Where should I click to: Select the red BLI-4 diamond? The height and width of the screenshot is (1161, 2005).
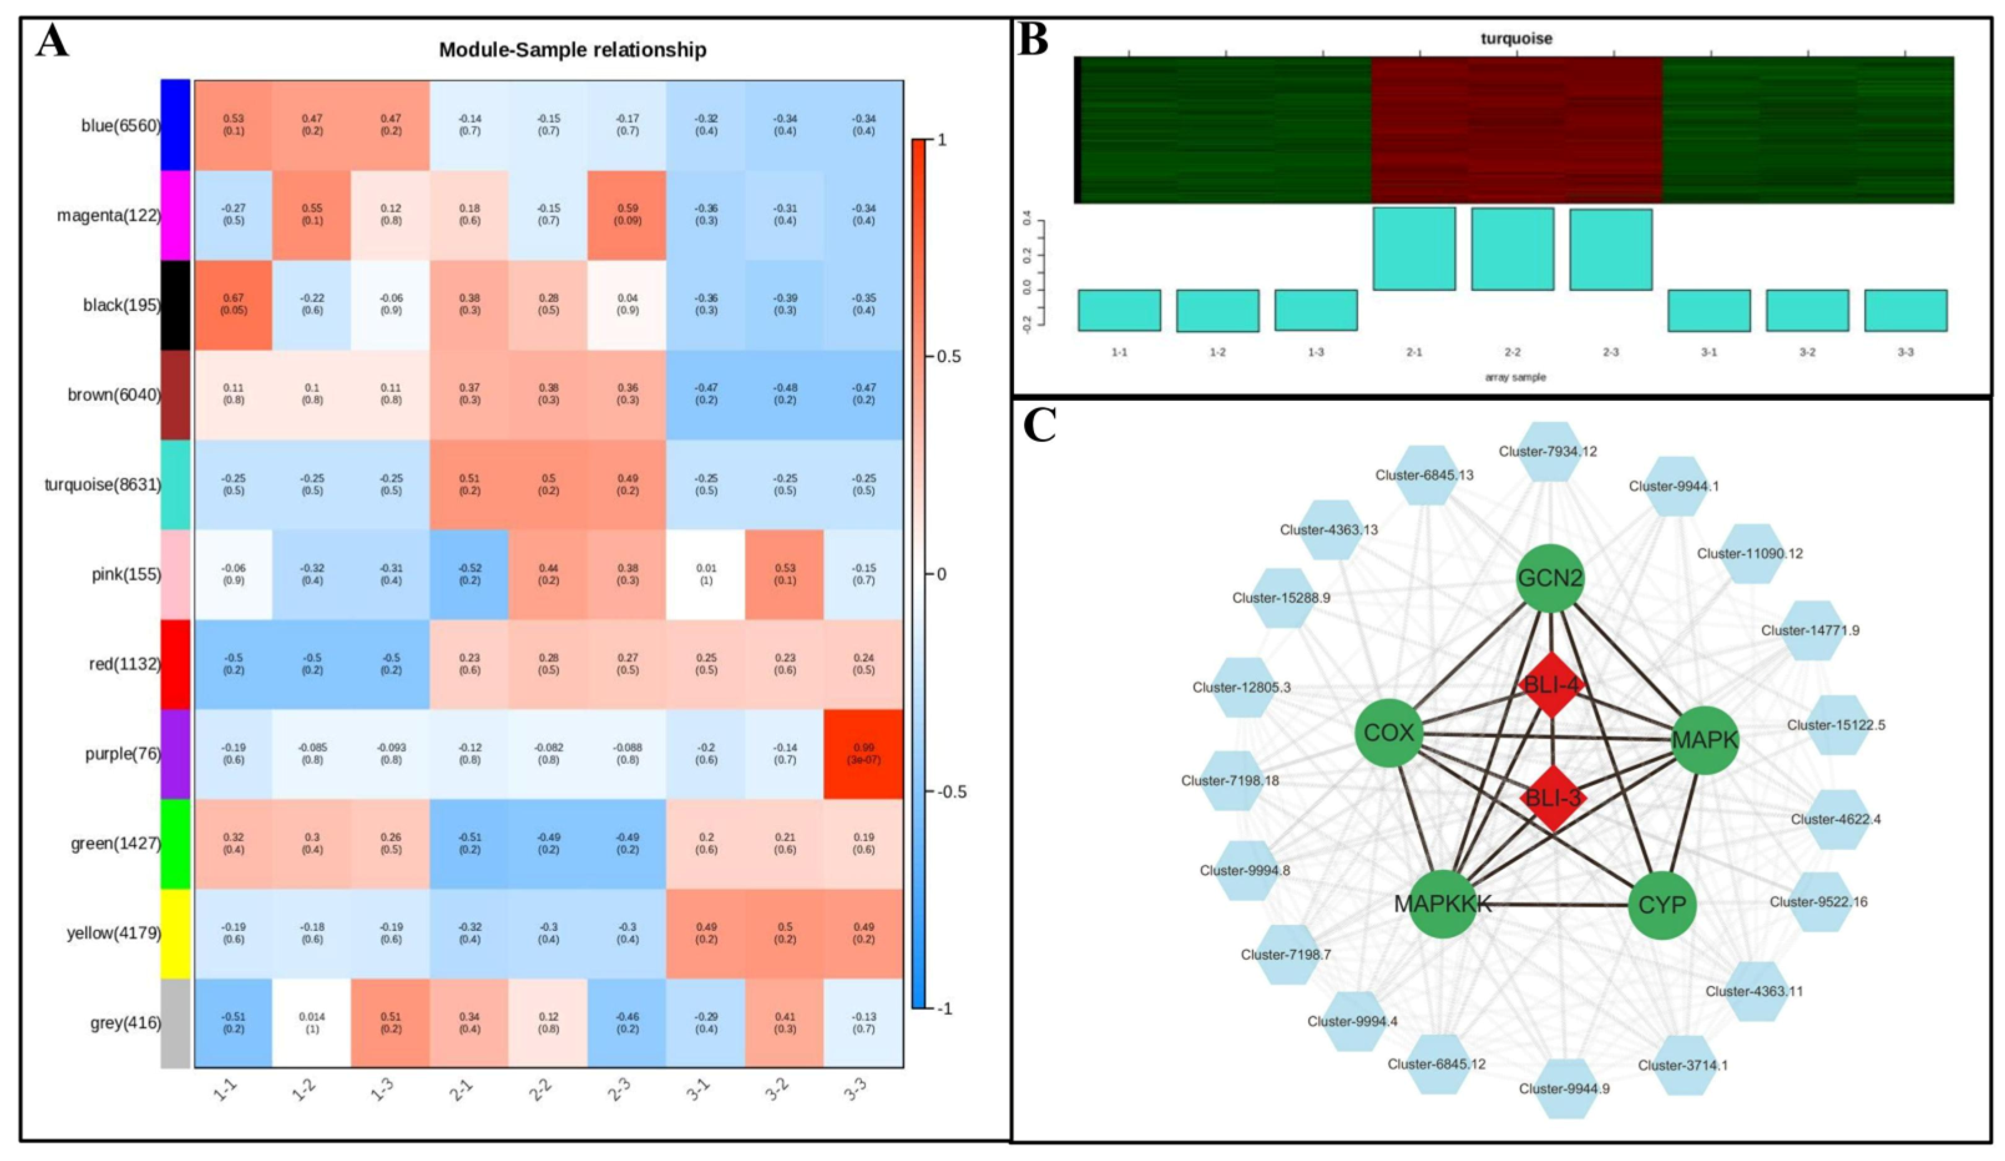click(x=1551, y=685)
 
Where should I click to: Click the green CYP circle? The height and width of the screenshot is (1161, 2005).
click(x=1662, y=905)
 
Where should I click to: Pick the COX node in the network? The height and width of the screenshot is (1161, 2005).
click(x=1389, y=733)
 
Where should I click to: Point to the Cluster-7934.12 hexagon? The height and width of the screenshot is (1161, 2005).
click(x=1548, y=451)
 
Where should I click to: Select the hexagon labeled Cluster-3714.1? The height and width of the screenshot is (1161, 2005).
click(x=1683, y=1064)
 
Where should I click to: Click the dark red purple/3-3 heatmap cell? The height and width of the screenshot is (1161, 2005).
click(x=863, y=753)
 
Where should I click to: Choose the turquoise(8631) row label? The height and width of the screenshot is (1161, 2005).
click(x=102, y=485)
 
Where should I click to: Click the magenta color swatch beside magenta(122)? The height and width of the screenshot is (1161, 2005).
click(x=175, y=216)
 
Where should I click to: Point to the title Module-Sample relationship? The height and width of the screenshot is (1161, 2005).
click(x=572, y=50)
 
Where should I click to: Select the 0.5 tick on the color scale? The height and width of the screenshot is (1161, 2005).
click(x=949, y=356)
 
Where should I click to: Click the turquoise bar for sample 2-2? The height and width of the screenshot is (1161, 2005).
click(x=1512, y=249)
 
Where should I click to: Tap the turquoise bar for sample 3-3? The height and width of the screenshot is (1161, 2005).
click(x=1905, y=310)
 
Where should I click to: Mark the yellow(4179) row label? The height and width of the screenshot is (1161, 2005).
click(x=113, y=933)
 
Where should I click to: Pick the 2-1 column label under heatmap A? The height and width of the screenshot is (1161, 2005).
click(x=460, y=1093)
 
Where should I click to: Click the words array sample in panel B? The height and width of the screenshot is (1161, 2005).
click(x=1515, y=377)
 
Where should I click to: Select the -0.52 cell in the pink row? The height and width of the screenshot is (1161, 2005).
click(x=469, y=575)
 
